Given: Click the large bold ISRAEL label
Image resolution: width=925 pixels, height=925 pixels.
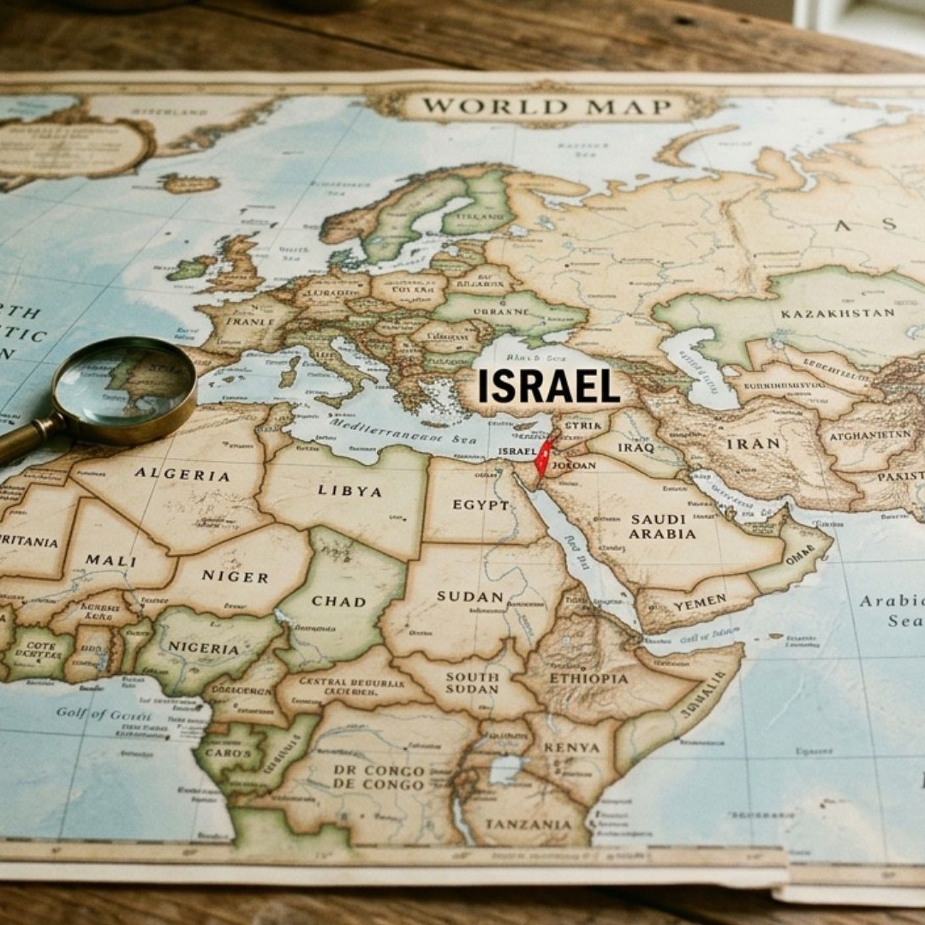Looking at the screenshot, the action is [548, 386].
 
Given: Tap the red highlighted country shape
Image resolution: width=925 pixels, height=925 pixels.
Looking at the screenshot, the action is [541, 460].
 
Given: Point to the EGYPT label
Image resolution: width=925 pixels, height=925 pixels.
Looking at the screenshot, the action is [480, 504].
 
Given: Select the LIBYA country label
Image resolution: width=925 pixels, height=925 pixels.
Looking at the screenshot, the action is [349, 491].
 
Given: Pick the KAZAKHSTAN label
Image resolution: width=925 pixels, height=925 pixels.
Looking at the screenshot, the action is [837, 313].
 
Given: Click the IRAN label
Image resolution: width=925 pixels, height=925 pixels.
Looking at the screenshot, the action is [754, 444].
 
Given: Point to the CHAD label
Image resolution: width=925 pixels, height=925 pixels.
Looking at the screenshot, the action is [338, 600].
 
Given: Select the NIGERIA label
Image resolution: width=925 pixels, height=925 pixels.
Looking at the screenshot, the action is [204, 647].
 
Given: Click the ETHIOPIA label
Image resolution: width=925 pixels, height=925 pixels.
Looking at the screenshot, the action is [588, 678].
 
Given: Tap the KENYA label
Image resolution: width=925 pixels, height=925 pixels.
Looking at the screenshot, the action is [571, 748].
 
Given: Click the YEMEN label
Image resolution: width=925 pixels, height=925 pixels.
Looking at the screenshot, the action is [699, 603].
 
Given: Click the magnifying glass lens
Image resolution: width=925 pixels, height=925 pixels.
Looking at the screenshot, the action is [125, 389].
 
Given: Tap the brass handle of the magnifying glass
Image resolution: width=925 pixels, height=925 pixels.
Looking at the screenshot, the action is [26, 439].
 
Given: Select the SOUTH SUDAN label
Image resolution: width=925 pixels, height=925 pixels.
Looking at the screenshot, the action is [472, 683].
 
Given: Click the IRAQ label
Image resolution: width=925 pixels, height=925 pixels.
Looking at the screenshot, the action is [635, 447].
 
